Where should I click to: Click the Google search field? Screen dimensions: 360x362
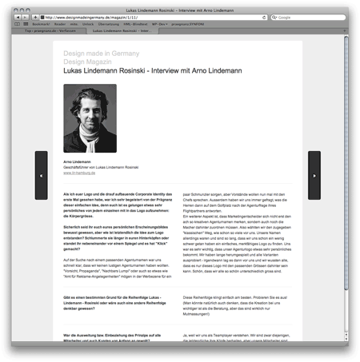320,16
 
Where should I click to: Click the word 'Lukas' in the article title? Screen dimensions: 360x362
74,71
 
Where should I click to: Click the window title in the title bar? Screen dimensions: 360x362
180,6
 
